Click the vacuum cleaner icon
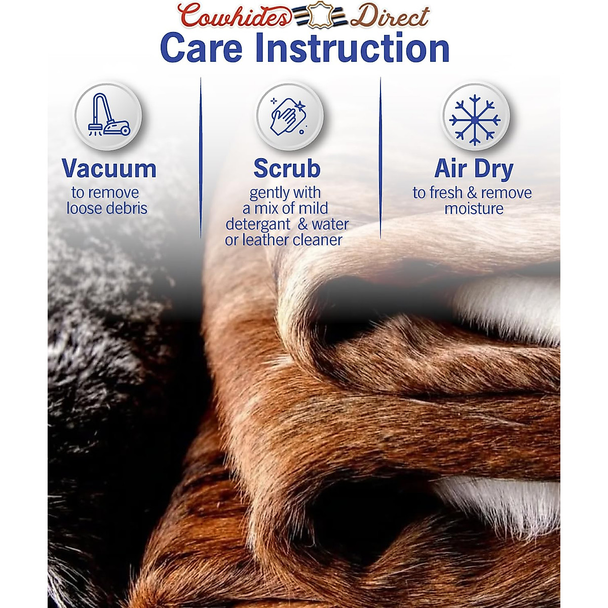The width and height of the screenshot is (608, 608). (x=109, y=115)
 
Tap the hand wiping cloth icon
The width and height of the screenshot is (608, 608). (x=288, y=116)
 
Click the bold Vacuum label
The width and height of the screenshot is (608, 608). (x=109, y=169)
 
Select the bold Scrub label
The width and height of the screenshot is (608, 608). (x=287, y=169)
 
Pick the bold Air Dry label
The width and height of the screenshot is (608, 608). (x=474, y=169)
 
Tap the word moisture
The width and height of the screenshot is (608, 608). (x=474, y=209)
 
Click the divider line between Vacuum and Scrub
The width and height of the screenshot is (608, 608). (x=201, y=158)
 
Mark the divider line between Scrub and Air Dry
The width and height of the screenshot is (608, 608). (x=380, y=158)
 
